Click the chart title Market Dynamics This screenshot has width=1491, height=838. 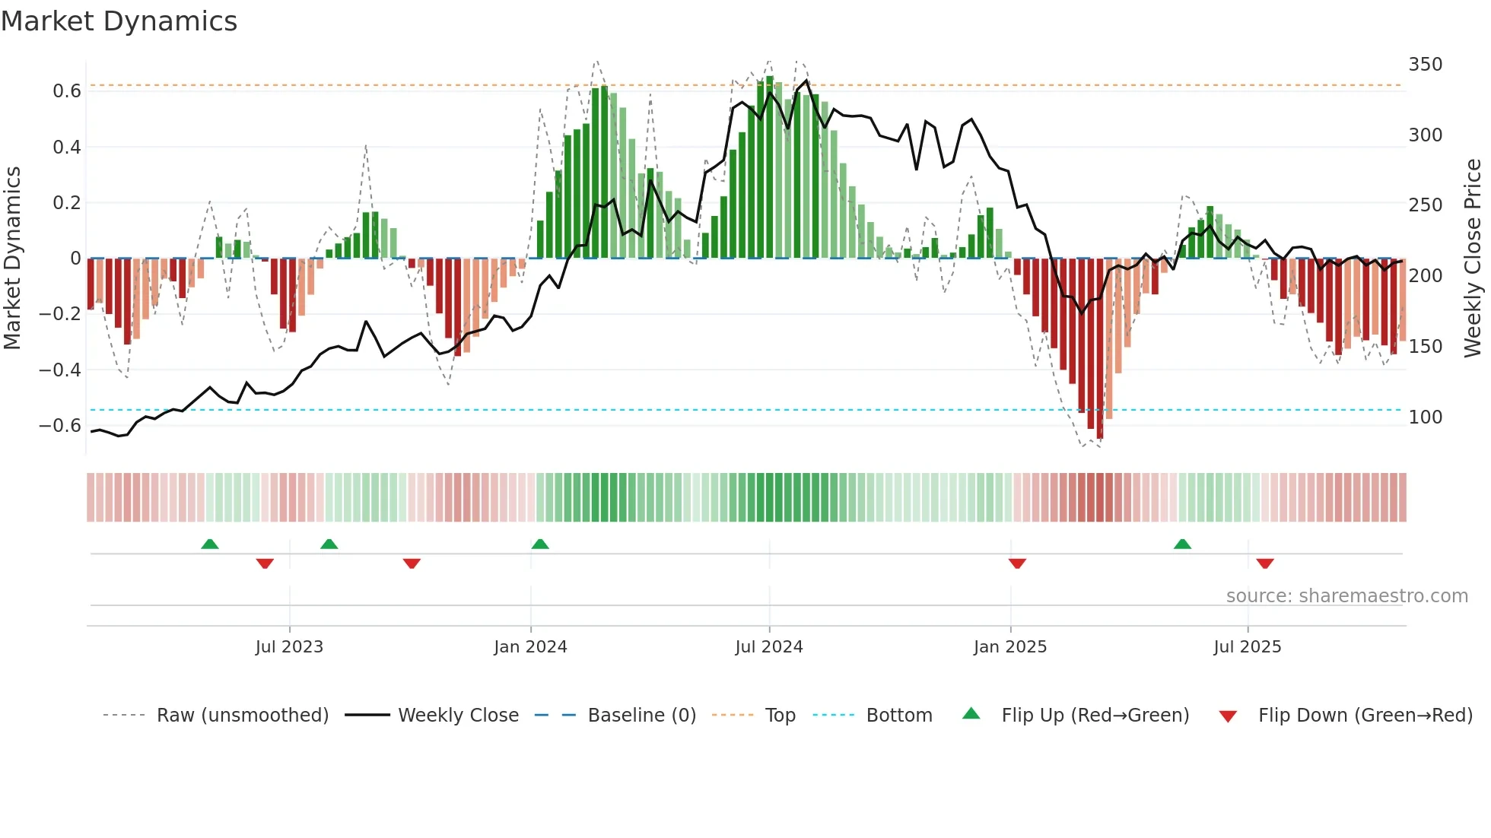(x=119, y=21)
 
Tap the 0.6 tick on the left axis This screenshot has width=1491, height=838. (x=67, y=91)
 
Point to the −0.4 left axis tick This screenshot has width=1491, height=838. (x=60, y=370)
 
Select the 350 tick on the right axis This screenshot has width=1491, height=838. (x=1425, y=65)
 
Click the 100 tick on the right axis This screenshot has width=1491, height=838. (x=1425, y=417)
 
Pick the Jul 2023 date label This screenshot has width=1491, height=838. (x=289, y=647)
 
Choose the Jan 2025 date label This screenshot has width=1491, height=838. (x=1010, y=647)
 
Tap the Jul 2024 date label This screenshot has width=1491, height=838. (x=769, y=647)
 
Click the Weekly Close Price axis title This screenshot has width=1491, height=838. (x=1473, y=259)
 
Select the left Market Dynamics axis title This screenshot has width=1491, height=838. (x=12, y=259)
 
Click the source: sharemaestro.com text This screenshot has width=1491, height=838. (x=1346, y=596)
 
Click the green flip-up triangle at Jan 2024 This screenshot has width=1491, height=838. (x=540, y=544)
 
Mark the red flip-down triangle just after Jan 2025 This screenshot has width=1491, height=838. (x=1017, y=563)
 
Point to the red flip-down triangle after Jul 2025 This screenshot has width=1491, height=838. (x=1265, y=563)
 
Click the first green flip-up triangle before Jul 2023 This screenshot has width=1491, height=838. (x=210, y=544)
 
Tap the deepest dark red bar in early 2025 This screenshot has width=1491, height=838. (x=1100, y=350)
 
